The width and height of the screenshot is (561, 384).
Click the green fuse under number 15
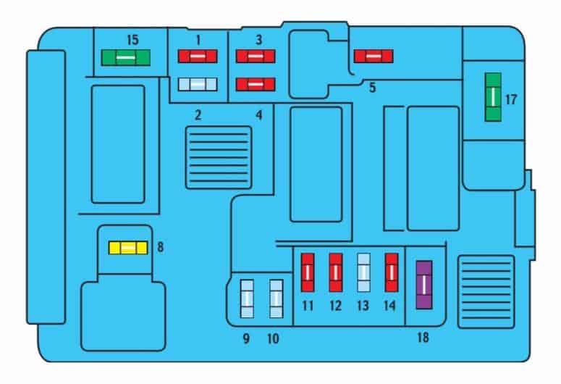pos(125,58)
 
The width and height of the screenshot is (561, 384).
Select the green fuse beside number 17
pos(493,97)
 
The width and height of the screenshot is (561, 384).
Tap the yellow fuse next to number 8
pos(128,248)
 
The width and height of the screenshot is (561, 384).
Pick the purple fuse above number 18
pos(424,285)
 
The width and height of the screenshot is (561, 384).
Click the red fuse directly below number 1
pos(198,57)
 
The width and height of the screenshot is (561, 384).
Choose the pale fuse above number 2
pos(198,85)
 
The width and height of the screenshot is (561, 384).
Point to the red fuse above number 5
pos(374,57)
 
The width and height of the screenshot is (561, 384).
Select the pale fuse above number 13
pos(364,272)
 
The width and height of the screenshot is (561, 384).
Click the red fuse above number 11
pos(308,272)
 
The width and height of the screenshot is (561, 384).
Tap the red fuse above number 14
pos(392,272)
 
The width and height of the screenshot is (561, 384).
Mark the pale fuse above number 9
pos(247,299)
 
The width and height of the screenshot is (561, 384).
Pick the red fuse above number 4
pos(256,85)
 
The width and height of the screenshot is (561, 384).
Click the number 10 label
pos(273,338)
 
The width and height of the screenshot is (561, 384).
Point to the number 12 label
pos(336,306)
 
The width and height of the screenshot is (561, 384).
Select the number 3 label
pos(259,40)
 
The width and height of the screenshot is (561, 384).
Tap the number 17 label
pos(511,99)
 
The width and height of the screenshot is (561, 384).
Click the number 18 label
pos(423,337)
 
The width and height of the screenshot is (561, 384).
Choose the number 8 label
pos(160,247)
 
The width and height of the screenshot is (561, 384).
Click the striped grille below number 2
pos(219,158)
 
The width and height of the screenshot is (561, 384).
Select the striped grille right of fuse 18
pos(486,291)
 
